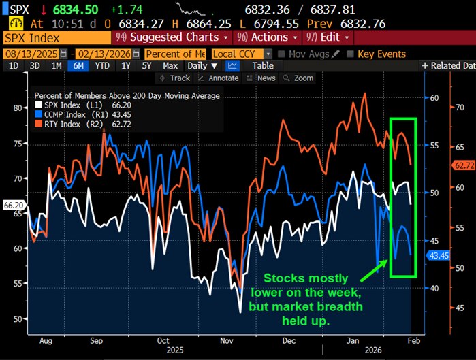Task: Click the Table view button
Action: [x=263, y=66]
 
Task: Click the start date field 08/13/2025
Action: [x=31, y=54]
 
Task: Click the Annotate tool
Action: [x=219, y=78]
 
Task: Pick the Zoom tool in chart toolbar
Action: [x=299, y=78]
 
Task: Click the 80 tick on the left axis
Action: [x=18, y=108]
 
